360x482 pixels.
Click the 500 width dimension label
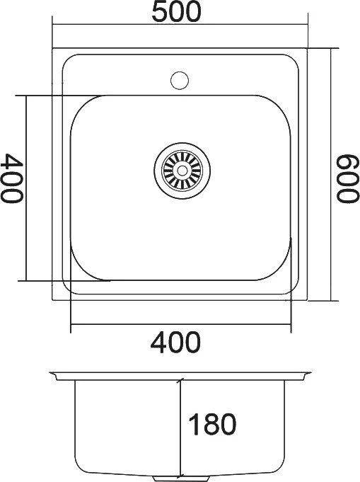pyautogui.click(x=177, y=11)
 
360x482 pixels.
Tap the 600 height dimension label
pyautogui.click(x=348, y=178)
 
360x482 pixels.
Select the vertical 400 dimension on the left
pyautogui.click(x=12, y=178)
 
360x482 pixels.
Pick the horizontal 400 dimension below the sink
pyautogui.click(x=175, y=342)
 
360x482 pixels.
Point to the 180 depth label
pyautogui.click(x=212, y=424)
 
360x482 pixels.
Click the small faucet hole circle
pyautogui.click(x=180, y=80)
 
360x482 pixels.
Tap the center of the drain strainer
pyautogui.click(x=182, y=170)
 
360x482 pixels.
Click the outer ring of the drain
pyautogui.click(x=182, y=143)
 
